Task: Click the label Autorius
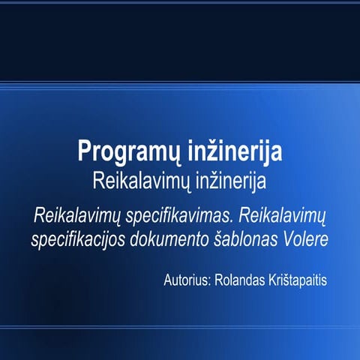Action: (x=185, y=281)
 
